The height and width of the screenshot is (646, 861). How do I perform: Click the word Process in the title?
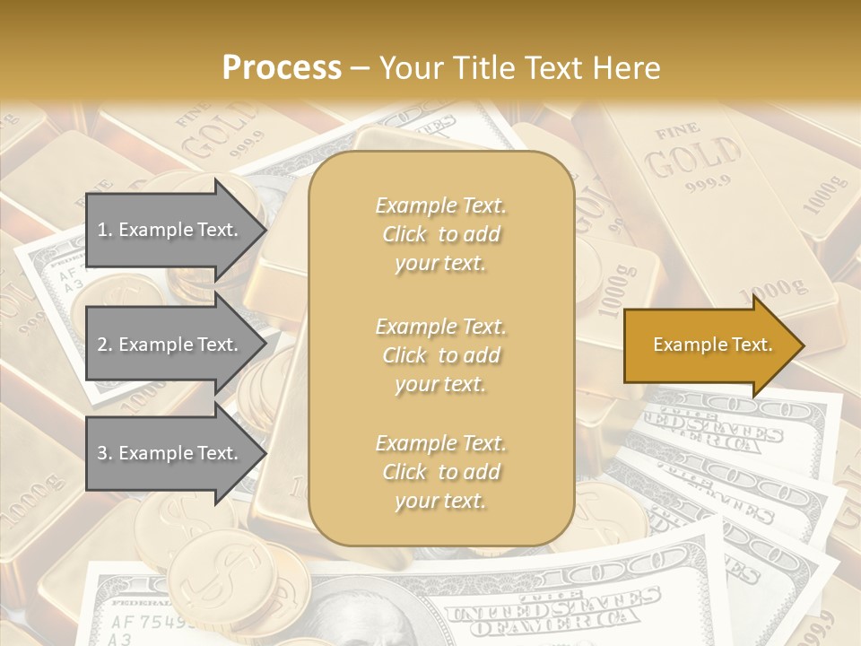pyautogui.click(x=282, y=68)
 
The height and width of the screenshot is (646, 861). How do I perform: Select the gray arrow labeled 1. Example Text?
pyautogui.click(x=175, y=230)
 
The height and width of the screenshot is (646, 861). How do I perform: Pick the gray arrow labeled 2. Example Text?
pyautogui.click(x=175, y=345)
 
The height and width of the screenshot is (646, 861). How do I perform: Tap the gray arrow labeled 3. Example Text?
pyautogui.click(x=175, y=453)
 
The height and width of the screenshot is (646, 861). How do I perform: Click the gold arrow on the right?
pyautogui.click(x=713, y=345)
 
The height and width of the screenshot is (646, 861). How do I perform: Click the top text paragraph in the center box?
pyautogui.click(x=441, y=234)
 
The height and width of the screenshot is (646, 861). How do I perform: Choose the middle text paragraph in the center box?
pyautogui.click(x=441, y=354)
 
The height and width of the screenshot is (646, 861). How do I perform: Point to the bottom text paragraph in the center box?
pyautogui.click(x=441, y=472)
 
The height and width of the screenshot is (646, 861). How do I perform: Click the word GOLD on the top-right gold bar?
pyautogui.click(x=694, y=159)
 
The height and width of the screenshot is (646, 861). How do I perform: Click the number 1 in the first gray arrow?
pyautogui.click(x=102, y=230)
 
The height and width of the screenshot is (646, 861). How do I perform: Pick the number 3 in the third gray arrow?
pyautogui.click(x=102, y=453)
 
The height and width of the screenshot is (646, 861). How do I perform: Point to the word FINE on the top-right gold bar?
pyautogui.click(x=677, y=134)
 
